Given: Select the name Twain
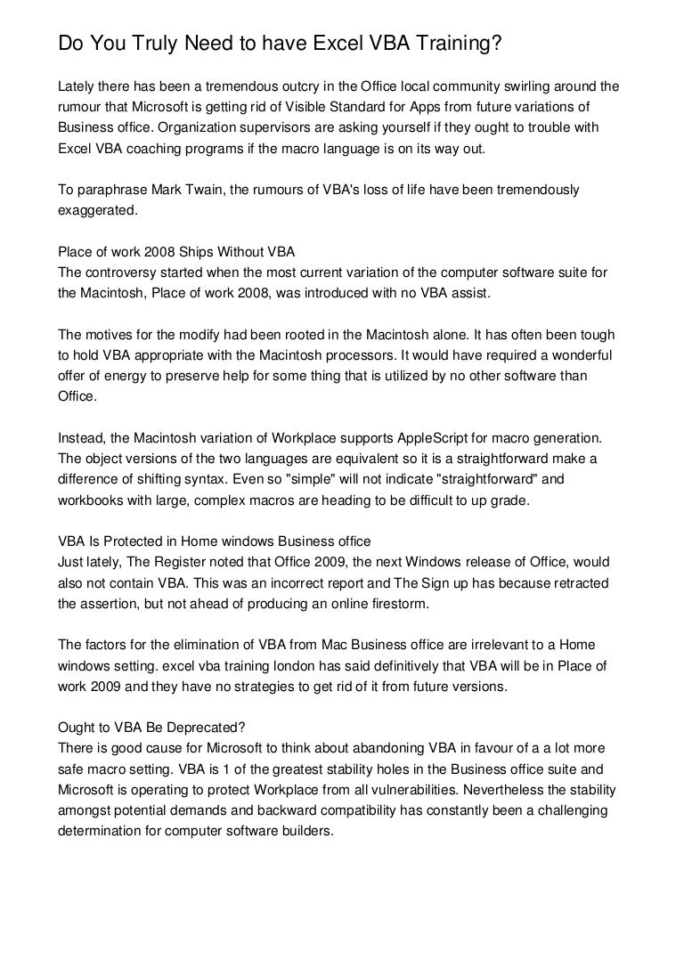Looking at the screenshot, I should pos(201,191).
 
